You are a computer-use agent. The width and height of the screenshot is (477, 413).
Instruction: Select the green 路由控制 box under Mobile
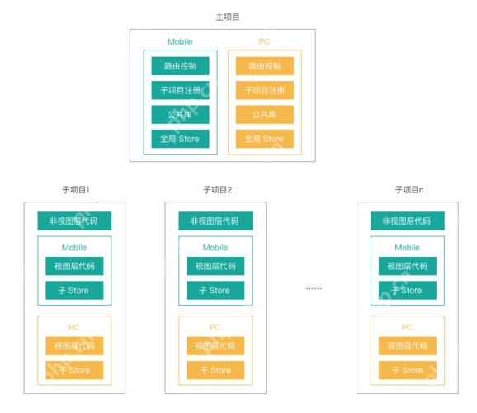pos(180,66)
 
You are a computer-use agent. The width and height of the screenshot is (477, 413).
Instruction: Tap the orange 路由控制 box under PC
pos(264,66)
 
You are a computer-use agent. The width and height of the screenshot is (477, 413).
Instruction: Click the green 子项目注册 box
pos(180,90)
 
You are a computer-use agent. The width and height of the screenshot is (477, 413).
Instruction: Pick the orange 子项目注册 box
pos(264,90)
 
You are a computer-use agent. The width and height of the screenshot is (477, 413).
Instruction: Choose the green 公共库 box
pos(180,115)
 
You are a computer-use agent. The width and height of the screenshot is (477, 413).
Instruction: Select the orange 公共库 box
pos(264,115)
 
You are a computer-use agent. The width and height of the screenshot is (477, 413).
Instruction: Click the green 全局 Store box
pos(180,139)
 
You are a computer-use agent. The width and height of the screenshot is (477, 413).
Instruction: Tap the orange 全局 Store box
pos(264,139)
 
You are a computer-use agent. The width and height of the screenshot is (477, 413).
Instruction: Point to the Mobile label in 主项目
pos(180,42)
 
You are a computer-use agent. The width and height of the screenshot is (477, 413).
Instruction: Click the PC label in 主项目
pos(264,42)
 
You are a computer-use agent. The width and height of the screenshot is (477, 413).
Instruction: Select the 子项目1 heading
pos(75,190)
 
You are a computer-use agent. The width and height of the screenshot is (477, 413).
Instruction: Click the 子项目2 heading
pos(217,190)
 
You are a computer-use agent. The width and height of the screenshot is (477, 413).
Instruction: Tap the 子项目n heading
pos(409,190)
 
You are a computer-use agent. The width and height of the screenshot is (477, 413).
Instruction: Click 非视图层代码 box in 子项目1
pos(74,221)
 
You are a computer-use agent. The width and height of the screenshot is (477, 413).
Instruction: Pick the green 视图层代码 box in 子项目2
pos(215,266)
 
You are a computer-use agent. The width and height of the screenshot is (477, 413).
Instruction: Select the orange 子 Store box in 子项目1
pos(74,370)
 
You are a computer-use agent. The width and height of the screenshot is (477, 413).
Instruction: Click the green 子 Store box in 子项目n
pos(408,290)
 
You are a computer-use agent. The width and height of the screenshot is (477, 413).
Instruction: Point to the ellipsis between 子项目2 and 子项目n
pos(314,288)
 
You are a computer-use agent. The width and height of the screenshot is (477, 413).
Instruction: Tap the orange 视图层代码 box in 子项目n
pos(408,346)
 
